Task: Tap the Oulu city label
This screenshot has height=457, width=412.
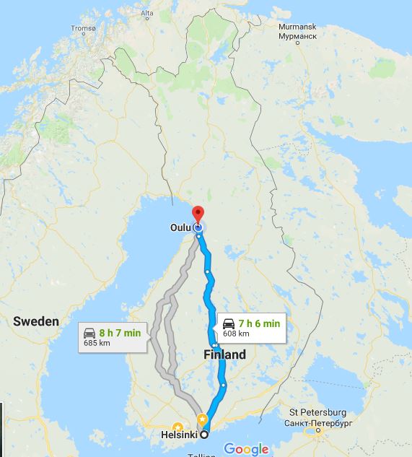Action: [180, 227]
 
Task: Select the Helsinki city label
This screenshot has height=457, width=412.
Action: [180, 435]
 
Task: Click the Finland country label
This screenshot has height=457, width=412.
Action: [224, 354]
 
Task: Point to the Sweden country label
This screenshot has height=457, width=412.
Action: [36, 321]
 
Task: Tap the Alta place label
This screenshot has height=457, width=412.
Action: [148, 13]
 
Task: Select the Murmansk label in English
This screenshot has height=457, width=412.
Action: [297, 26]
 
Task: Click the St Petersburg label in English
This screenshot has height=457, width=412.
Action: [318, 412]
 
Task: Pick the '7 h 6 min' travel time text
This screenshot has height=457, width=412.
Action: [259, 323]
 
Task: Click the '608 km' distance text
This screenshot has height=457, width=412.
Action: [236, 334]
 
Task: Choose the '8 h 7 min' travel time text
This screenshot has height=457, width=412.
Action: [120, 333]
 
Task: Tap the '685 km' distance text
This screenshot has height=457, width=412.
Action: [96, 343]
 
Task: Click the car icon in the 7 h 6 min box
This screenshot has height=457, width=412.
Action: [229, 323]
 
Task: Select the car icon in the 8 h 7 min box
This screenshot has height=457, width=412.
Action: [90, 333]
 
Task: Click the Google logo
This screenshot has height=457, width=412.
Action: [246, 449]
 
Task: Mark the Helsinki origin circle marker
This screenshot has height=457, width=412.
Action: [204, 434]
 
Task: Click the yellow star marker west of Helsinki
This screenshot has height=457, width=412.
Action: [177, 427]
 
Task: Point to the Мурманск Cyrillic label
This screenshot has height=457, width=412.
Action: [297, 35]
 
